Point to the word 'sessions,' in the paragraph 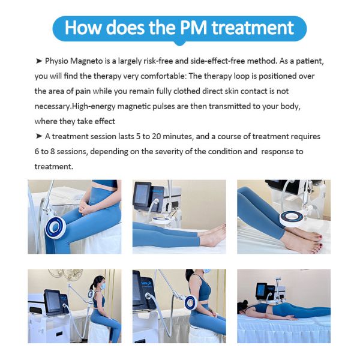pos(72,151)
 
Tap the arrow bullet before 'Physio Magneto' pos(39,61)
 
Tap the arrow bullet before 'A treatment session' pos(39,136)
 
